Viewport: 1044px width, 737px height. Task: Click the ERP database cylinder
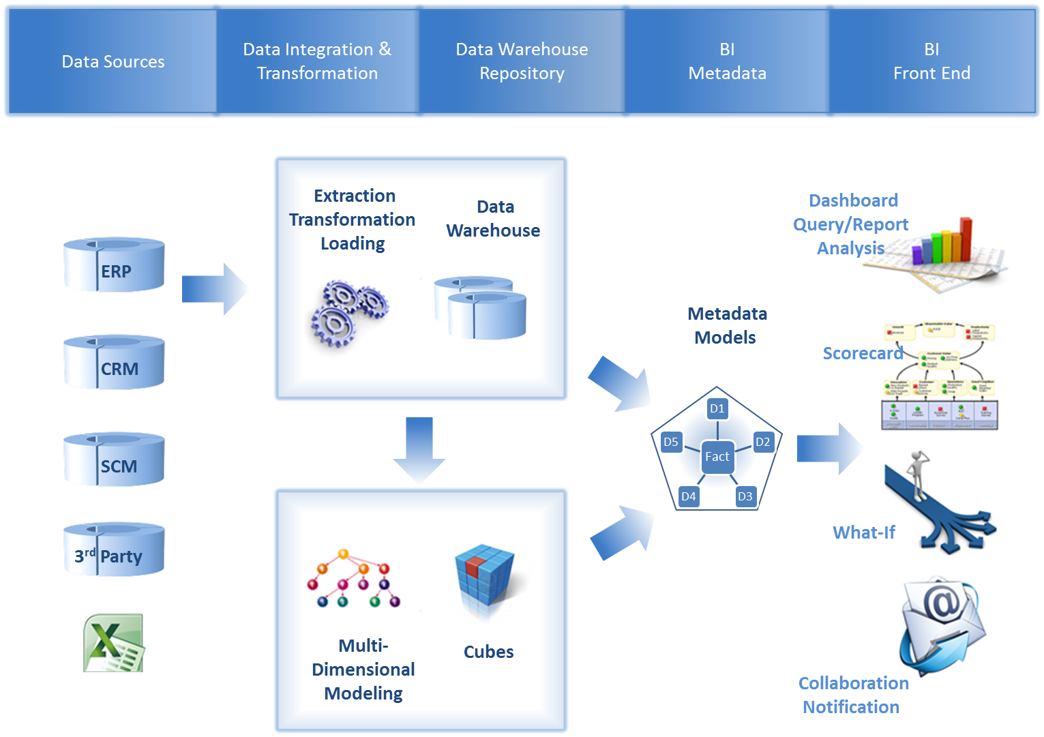114,265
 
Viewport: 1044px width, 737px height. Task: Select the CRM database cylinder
114,362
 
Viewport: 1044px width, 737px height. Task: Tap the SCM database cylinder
114,460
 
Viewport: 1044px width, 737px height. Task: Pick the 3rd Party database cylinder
114,550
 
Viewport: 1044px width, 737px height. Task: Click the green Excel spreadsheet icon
115,643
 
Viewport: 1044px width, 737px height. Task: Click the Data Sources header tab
113,61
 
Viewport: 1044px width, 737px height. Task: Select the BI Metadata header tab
727,61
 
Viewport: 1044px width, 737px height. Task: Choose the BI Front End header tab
931,61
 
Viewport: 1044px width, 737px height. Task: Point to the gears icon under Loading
348,313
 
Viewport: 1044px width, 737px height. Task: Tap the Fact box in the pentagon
717,457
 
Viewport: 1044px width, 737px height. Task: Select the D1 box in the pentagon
717,408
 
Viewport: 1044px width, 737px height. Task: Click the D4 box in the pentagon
689,496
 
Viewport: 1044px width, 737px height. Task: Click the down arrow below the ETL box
419,450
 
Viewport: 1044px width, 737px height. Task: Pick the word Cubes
488,652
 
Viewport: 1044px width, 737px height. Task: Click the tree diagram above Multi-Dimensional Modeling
353,578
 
